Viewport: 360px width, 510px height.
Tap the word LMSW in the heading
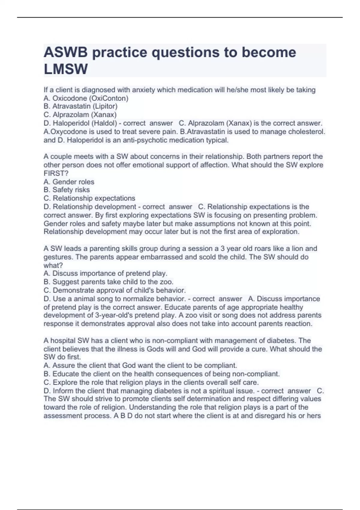pos(66,69)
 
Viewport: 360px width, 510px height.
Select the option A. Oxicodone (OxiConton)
pos(86,98)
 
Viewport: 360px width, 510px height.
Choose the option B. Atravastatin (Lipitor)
pos(80,106)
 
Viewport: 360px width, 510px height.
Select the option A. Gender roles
pos(69,182)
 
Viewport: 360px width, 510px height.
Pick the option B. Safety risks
pos(67,190)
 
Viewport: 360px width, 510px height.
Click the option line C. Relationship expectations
pos(89,198)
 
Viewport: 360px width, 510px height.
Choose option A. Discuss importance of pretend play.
pos(105,274)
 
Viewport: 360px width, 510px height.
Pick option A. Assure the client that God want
pos(140,365)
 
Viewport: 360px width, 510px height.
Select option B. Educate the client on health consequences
pos(161,374)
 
